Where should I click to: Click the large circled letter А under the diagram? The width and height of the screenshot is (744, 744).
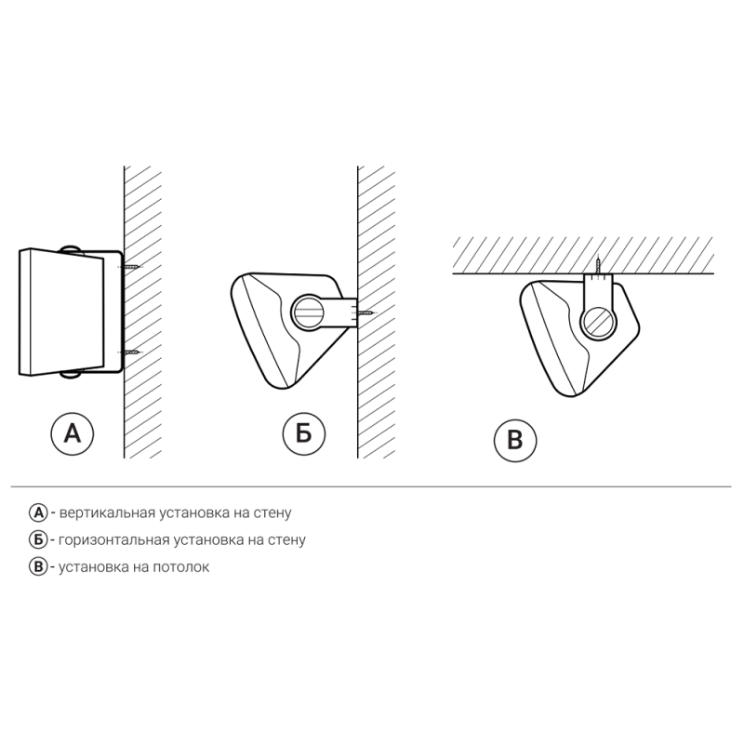point(73,433)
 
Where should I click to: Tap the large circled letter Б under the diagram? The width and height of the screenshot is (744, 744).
point(304,433)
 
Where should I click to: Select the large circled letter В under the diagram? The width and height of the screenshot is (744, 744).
point(515,440)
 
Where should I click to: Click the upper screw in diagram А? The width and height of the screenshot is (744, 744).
point(129,267)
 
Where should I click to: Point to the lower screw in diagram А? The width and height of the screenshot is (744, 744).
point(129,352)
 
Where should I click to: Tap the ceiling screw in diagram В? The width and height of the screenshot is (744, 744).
point(598,265)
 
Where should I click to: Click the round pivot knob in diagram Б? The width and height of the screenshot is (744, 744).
point(310,312)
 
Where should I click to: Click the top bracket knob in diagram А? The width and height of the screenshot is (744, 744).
point(72,250)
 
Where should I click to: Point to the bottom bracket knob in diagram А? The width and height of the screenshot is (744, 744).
point(72,374)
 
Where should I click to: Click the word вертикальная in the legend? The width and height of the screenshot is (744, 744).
point(107,513)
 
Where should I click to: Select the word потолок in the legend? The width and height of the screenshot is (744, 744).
point(180,567)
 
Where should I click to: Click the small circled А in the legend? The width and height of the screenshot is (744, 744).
point(38,513)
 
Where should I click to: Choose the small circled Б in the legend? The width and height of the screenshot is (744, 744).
point(38,540)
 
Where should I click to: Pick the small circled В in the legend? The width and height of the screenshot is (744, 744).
point(38,567)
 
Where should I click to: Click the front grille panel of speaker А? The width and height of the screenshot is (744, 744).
point(61,312)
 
